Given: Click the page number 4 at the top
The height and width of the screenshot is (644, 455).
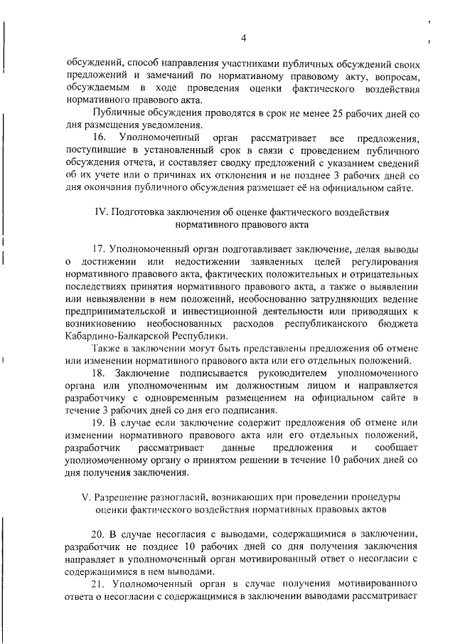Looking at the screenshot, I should pos(243,38).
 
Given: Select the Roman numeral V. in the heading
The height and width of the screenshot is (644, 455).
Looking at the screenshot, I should pos(87,495).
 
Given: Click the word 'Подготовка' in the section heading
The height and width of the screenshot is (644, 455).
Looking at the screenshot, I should pos(141,212).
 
